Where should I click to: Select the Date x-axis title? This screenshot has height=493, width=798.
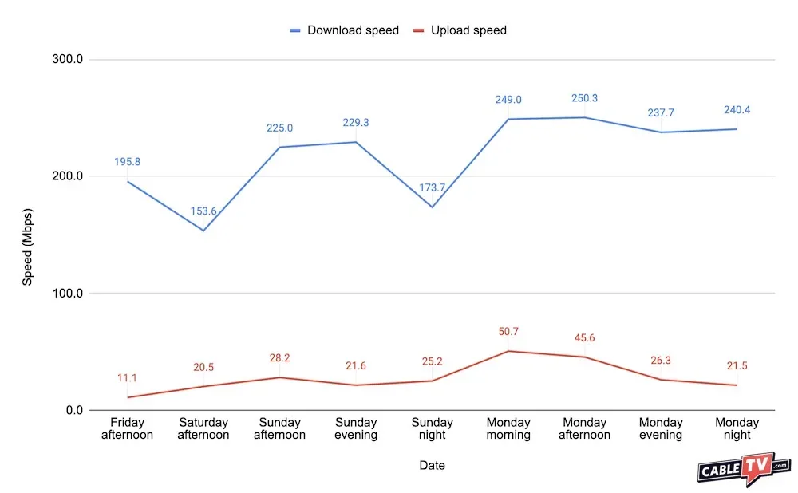point(433,465)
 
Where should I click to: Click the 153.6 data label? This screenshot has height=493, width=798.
point(203,212)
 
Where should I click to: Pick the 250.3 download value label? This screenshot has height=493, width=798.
point(584,98)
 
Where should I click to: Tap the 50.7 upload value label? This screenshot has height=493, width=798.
point(508,332)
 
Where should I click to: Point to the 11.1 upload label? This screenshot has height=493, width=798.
point(127,378)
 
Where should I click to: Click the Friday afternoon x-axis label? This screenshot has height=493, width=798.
point(127,428)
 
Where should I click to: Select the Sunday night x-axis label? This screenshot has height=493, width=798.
point(432,428)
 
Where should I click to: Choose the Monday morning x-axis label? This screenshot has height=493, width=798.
point(508,428)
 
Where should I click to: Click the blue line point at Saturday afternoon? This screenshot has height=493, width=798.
point(203,231)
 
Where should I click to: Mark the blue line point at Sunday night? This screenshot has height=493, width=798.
point(432,207)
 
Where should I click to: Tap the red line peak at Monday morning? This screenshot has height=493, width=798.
point(508,351)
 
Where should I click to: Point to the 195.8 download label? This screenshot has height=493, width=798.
point(127,162)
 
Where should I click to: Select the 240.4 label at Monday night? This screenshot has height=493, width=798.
point(737,110)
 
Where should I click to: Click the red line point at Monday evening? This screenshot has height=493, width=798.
point(661,380)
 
